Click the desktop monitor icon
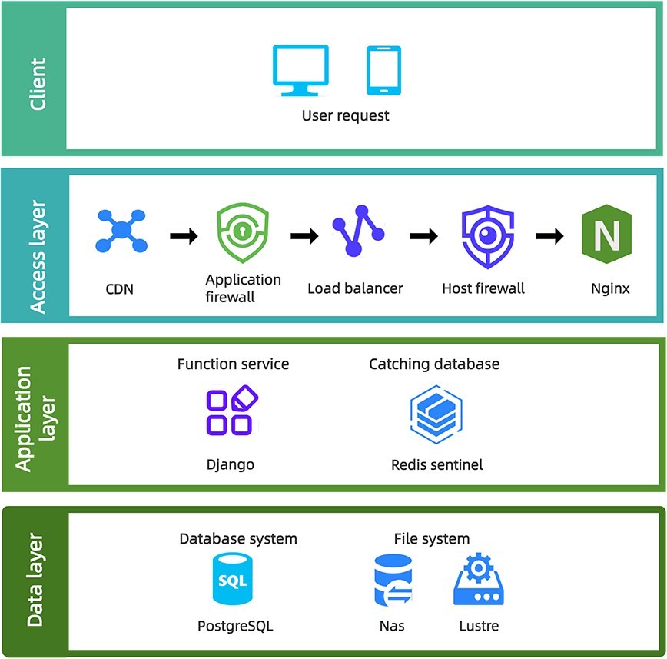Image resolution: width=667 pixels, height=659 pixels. click(300, 69)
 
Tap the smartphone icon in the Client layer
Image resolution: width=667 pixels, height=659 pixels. click(383, 70)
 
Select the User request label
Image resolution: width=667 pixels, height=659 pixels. click(345, 116)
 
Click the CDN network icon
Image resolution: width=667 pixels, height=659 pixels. click(121, 229)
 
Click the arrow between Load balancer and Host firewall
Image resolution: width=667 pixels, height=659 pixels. click(423, 236)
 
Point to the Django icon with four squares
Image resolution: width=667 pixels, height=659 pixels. click(231, 411)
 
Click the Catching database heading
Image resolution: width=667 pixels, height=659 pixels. click(434, 364)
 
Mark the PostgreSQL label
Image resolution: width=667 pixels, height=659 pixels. click(235, 626)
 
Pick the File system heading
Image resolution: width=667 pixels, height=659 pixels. click(432, 538)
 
